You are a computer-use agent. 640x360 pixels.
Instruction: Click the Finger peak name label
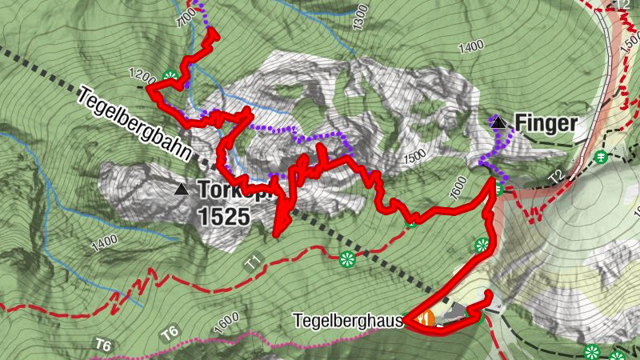pyautogui.click(x=546, y=124)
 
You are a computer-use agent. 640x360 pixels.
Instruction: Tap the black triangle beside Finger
pyautogui.click(x=498, y=122)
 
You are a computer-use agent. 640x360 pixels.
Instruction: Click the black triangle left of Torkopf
pyautogui.click(x=182, y=190)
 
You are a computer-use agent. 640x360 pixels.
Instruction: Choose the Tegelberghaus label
pyautogui.click(x=355, y=320)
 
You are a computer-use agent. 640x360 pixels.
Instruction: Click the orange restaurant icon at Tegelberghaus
pyautogui.click(x=426, y=318)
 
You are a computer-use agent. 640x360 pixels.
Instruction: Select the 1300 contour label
pyautogui.click(x=360, y=15)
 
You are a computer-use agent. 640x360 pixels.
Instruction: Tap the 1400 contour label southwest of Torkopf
pyautogui.click(x=104, y=242)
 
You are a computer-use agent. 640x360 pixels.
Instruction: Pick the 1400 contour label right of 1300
pyautogui.click(x=471, y=47)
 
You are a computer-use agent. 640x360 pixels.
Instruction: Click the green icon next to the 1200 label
pyautogui.click(x=169, y=77)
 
